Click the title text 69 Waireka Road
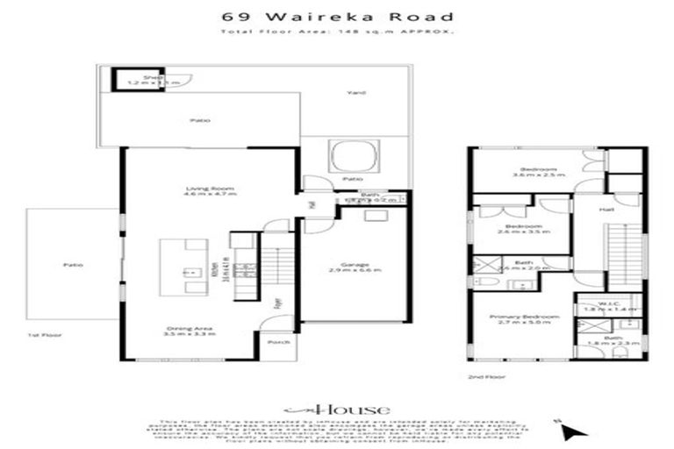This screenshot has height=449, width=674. [337, 16]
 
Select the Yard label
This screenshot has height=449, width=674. [356, 93]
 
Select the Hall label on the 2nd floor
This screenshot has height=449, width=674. [606, 210]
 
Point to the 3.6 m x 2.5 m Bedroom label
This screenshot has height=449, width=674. [538, 172]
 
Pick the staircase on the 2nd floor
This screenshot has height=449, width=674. [622, 254]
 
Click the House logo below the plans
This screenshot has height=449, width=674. [337, 409]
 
